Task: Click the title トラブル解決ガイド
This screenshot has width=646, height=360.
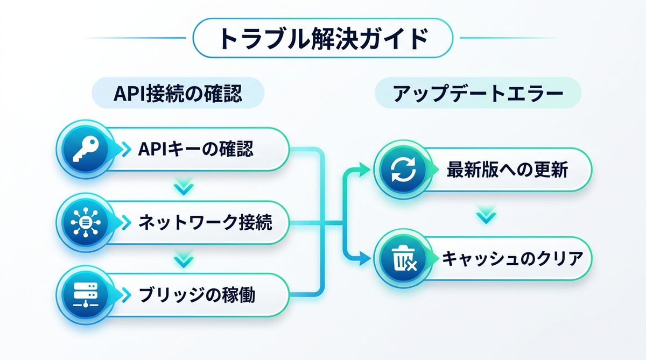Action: pos(322,38)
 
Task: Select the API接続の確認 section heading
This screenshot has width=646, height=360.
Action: pos(178,93)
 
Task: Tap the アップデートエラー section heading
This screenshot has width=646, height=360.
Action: pos(478,93)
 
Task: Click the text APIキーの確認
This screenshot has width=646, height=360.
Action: pos(195,149)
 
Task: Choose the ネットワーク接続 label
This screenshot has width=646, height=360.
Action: pos(205,222)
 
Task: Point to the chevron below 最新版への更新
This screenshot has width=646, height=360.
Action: pos(486,216)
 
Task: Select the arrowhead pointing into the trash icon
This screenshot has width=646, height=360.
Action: pos(366,259)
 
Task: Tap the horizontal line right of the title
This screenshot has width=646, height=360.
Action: pos(509,38)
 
